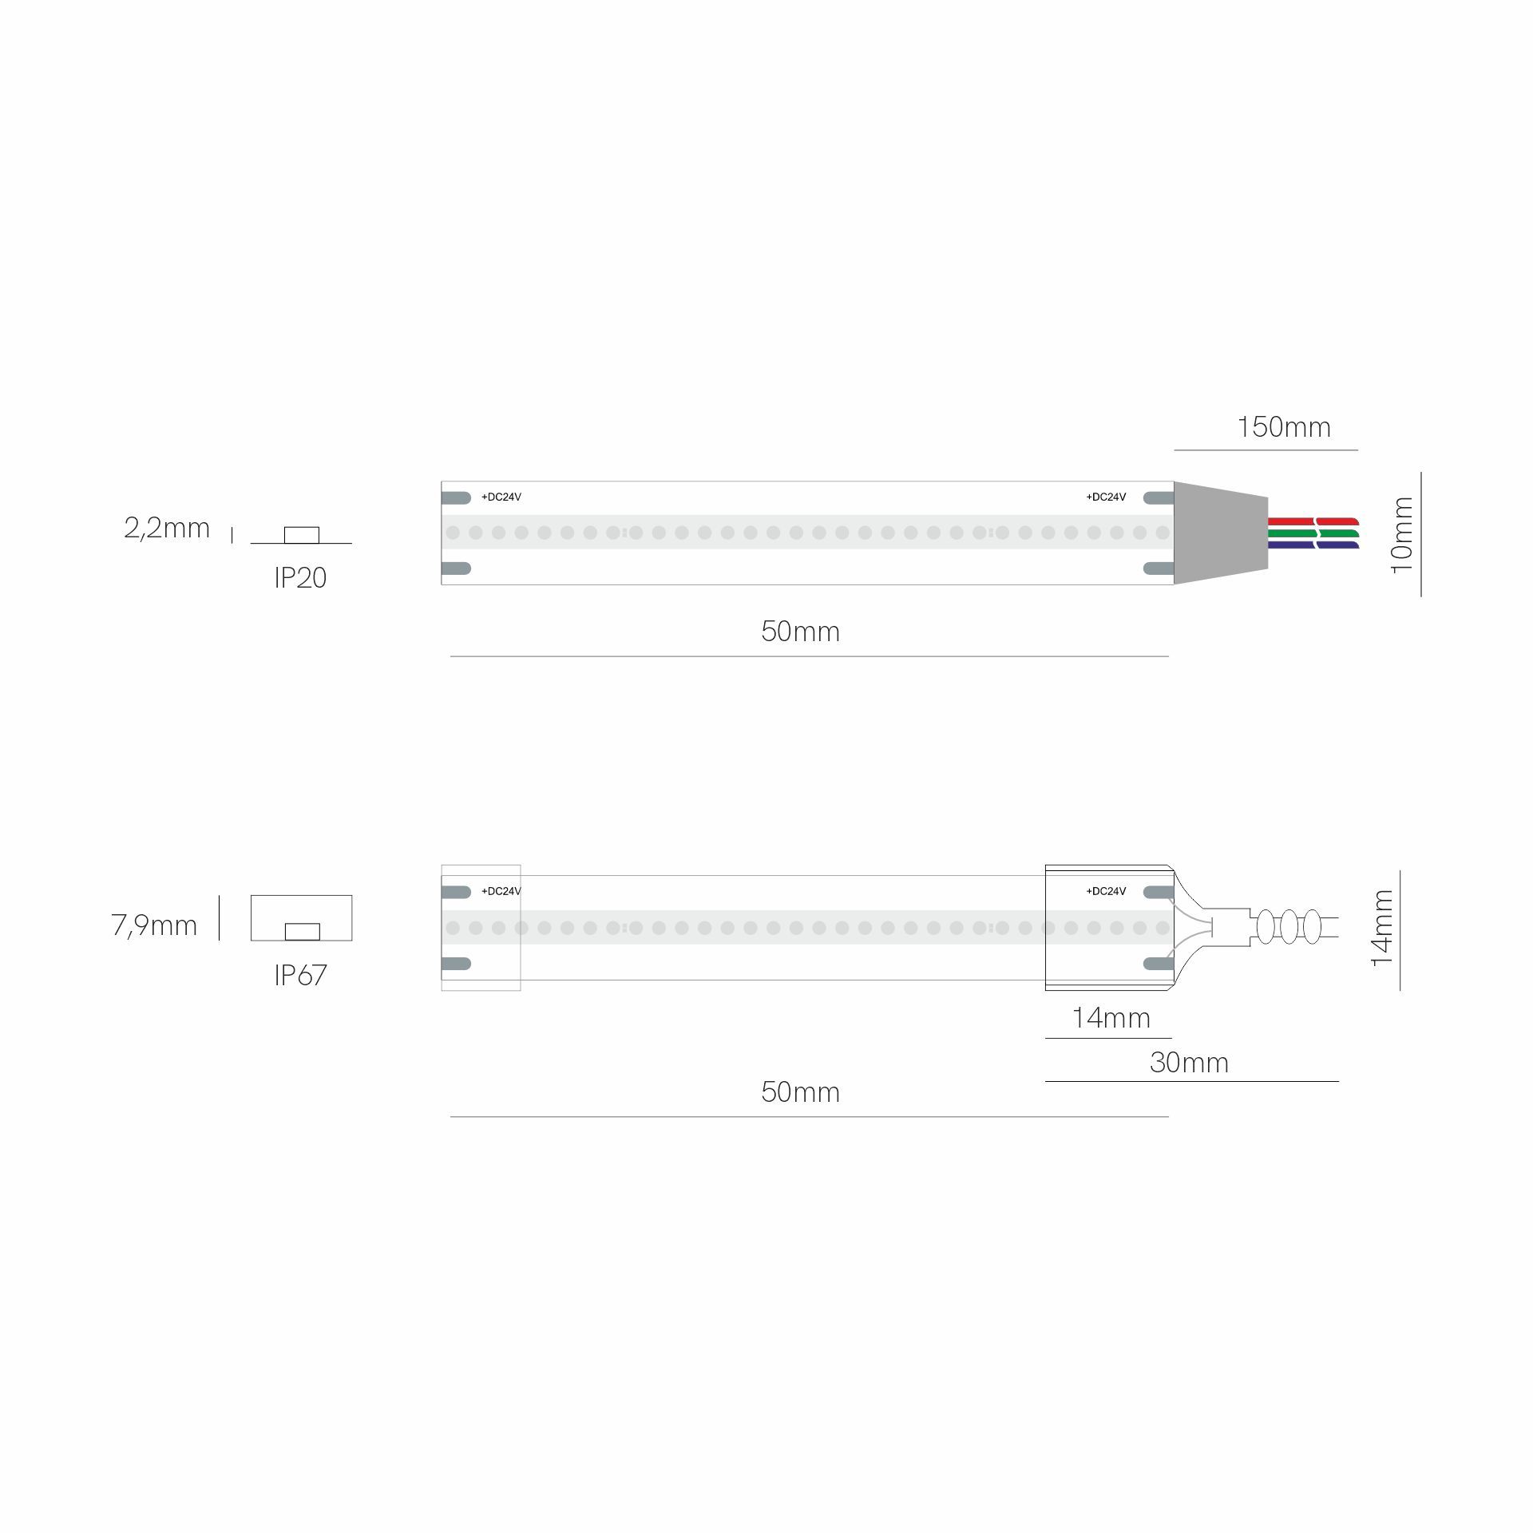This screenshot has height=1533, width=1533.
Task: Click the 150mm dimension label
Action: (1284, 427)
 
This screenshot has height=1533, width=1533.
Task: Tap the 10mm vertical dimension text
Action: (1402, 534)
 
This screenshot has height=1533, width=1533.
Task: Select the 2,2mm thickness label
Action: (167, 528)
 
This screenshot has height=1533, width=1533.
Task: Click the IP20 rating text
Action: (300, 577)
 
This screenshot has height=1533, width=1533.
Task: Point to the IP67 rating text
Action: (300, 975)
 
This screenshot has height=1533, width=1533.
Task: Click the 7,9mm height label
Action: (154, 925)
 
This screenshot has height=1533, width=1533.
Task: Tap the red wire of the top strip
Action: (1313, 521)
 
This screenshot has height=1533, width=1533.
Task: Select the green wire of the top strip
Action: (1313, 533)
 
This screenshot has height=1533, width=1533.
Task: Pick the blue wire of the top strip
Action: (1313, 545)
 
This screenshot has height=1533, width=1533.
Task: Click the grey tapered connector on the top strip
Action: (1221, 533)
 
